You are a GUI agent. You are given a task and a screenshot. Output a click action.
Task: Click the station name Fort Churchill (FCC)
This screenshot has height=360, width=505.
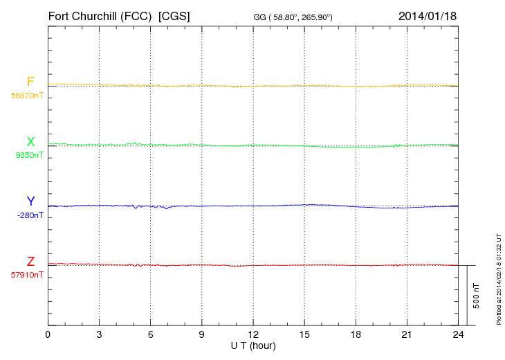[100, 15]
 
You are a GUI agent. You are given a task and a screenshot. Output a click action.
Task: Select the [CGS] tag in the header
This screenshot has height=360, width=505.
[174, 15]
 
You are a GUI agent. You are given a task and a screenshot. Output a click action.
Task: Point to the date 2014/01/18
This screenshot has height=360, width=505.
[428, 15]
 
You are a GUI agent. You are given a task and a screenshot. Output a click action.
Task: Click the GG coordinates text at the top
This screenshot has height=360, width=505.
[293, 17]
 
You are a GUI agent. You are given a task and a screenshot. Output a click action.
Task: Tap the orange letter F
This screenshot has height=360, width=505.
[30, 82]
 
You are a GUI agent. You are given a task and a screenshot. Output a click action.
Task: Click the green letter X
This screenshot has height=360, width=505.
[30, 142]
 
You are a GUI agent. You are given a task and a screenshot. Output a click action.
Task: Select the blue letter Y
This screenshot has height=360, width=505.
[30, 201]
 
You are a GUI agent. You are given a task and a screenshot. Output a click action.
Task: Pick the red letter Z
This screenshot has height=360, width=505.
[30, 262]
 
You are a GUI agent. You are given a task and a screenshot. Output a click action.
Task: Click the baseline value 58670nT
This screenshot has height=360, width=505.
[27, 96]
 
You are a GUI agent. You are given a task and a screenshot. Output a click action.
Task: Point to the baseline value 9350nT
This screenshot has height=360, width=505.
[29, 156]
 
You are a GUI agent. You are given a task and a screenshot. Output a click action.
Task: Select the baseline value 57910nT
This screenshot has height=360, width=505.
[27, 275]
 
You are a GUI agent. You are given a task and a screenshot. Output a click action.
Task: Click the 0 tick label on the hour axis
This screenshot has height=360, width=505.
[48, 335]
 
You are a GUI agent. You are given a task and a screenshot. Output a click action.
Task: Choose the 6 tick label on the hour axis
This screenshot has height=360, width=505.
[150, 335]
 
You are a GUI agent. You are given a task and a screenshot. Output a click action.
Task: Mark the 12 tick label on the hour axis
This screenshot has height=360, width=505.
[253, 335]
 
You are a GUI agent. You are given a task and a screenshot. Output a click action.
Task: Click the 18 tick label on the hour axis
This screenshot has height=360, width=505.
[356, 335]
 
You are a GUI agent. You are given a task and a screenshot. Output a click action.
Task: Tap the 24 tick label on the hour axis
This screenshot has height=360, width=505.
[458, 335]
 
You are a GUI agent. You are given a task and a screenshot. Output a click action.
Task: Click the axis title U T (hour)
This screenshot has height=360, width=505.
[253, 345]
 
